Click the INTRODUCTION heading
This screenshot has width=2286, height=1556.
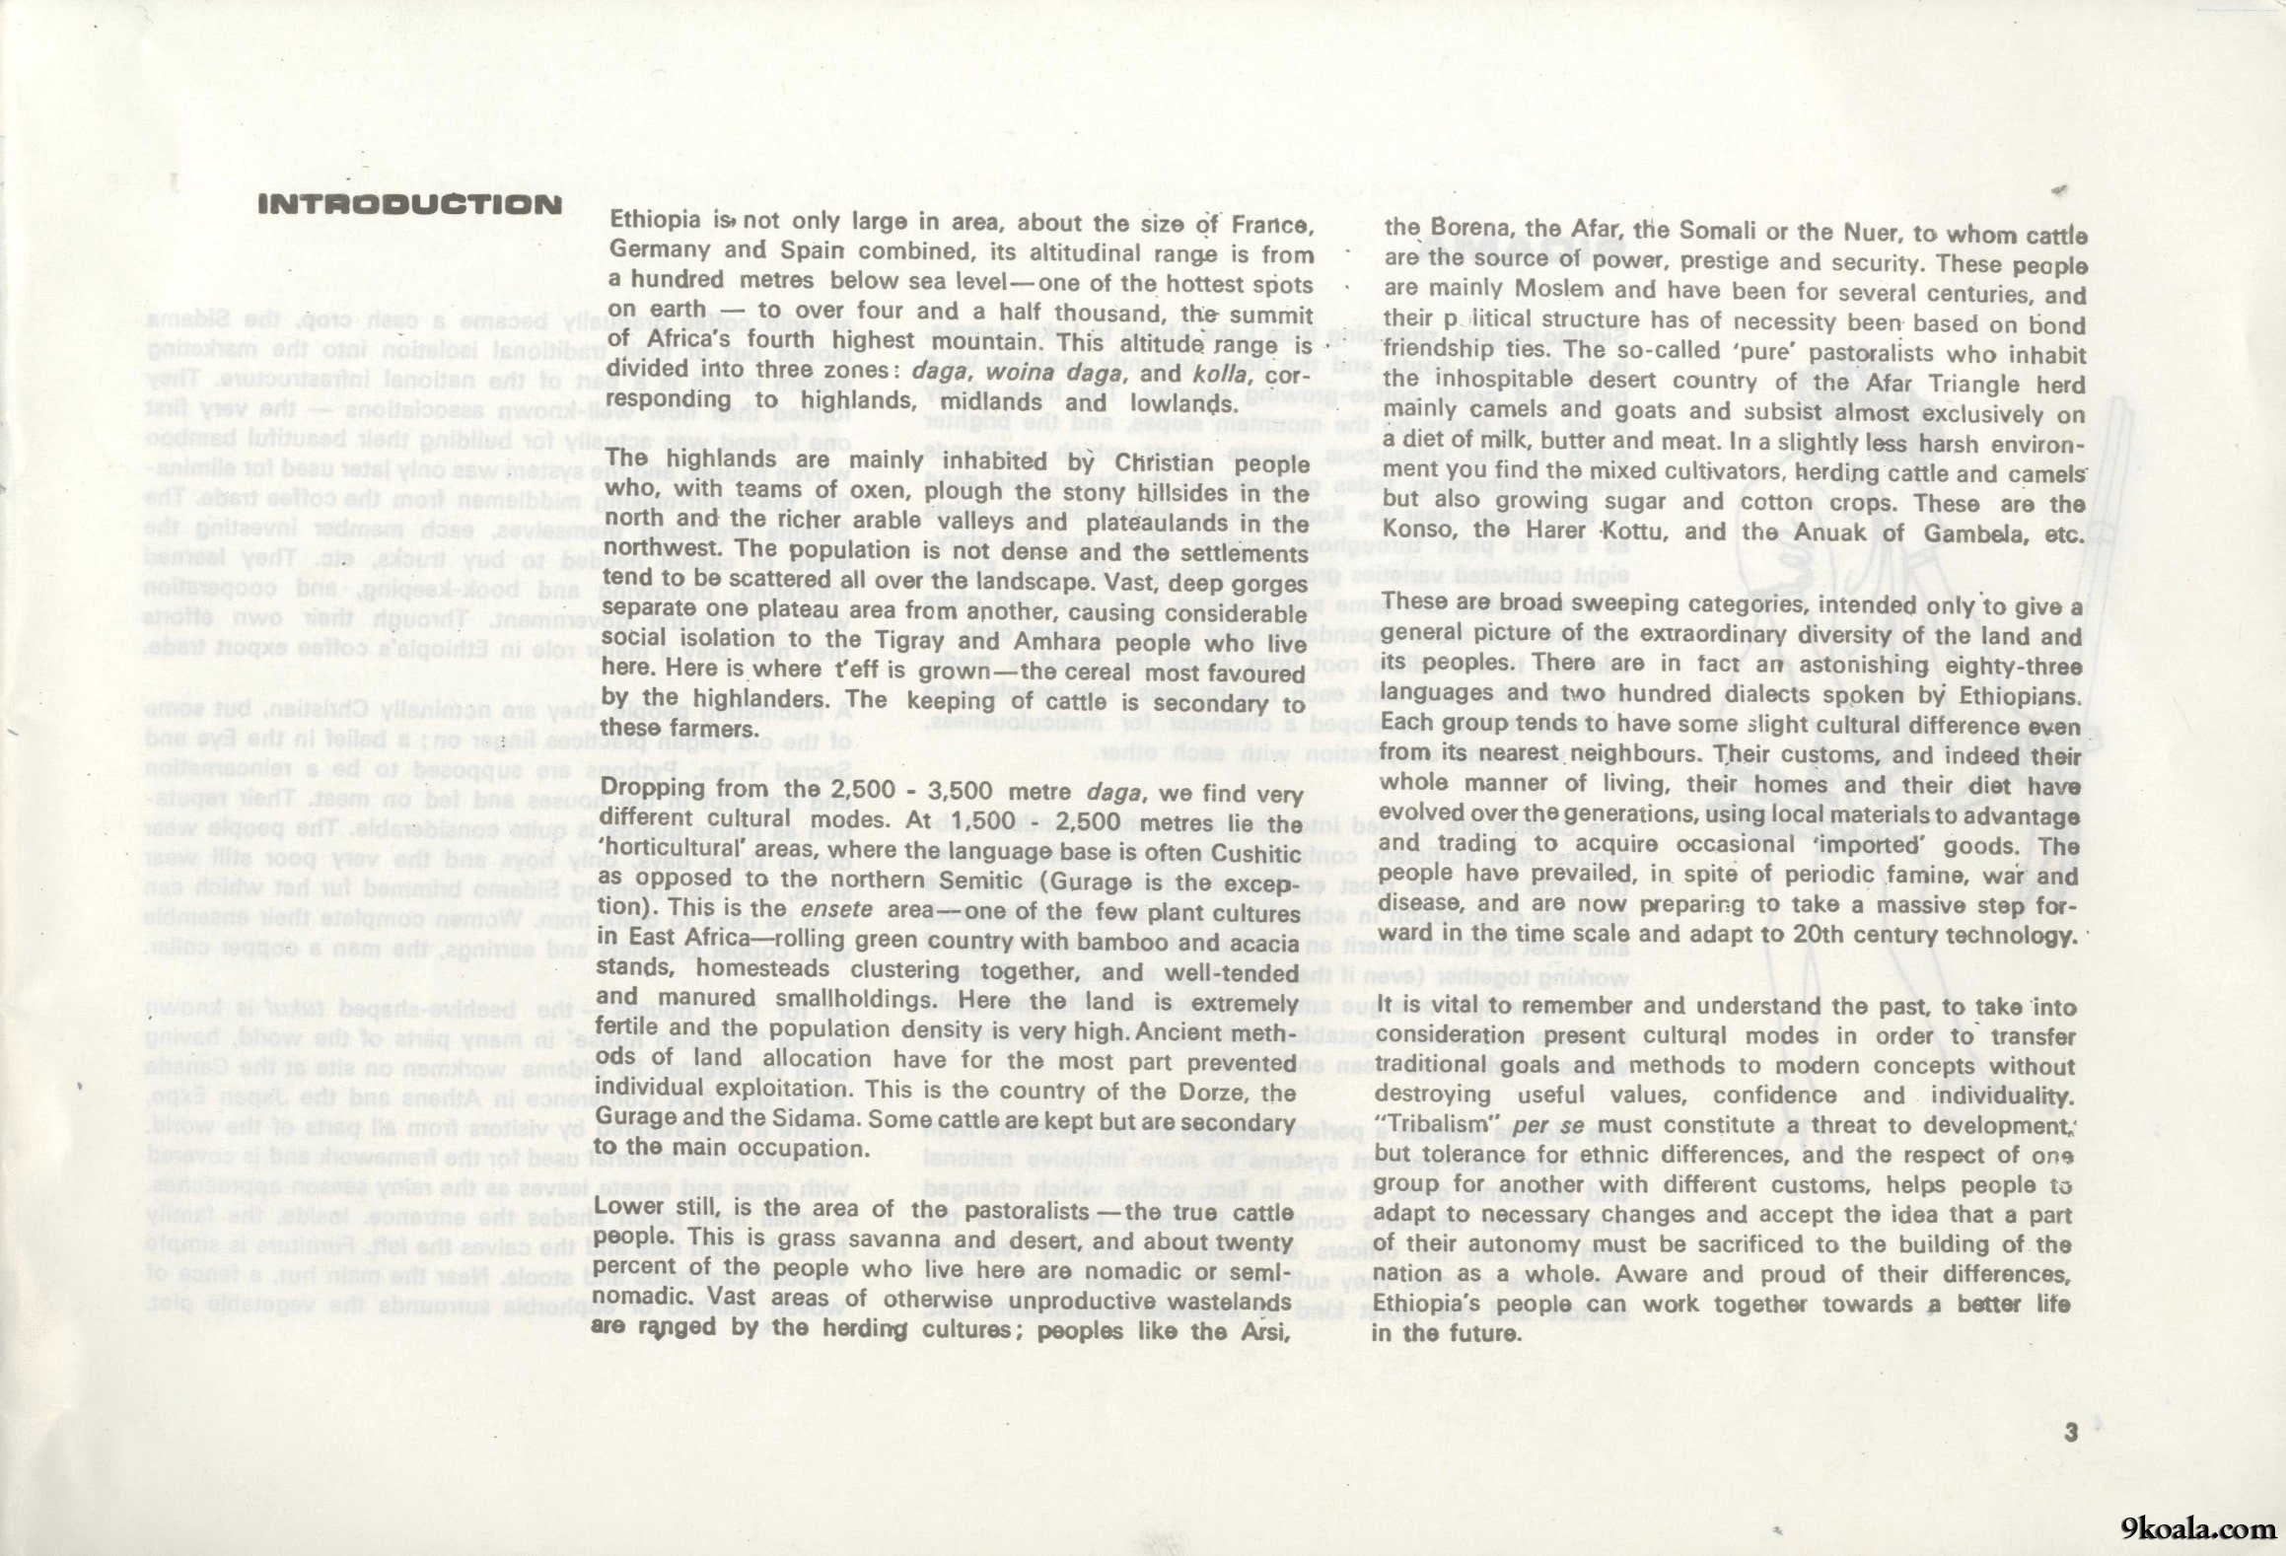point(409,205)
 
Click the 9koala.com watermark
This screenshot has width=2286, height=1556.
point(2197,1529)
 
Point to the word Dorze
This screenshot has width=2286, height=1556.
point(1215,1093)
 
